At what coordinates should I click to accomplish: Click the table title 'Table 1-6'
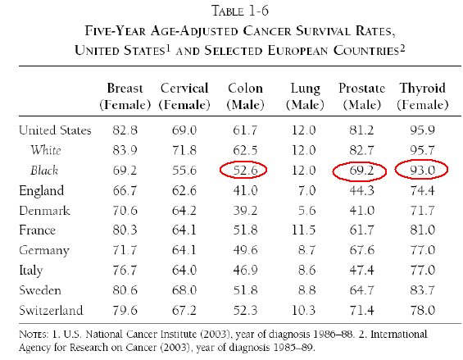point(240,11)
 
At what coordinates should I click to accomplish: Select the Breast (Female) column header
point(125,96)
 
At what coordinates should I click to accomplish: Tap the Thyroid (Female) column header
point(423,96)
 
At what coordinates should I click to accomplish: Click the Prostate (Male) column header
point(361,96)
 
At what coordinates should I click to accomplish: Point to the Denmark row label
point(44,211)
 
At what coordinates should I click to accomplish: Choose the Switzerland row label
point(51,310)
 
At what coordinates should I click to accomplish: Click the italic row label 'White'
point(46,150)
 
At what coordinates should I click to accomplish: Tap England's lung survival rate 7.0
point(307,190)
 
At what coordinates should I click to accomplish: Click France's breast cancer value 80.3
point(125,230)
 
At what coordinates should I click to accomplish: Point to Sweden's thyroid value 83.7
point(423,290)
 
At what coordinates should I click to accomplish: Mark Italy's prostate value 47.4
point(361,270)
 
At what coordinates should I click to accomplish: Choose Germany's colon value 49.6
point(245,250)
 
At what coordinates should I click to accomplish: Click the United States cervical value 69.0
point(184,130)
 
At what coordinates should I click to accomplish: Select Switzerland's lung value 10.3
point(303,310)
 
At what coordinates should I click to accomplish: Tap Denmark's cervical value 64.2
point(184,211)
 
